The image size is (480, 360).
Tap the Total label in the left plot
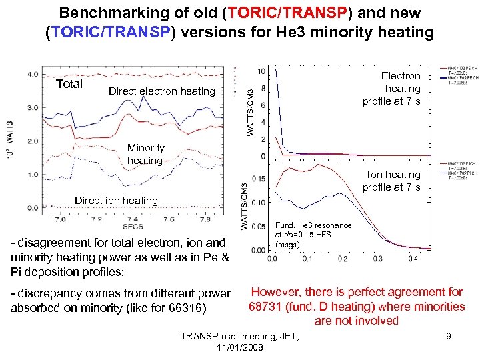pos(69,84)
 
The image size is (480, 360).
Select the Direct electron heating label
pos(161,91)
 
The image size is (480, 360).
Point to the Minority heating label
pos(145,154)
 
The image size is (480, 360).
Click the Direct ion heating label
pos(116,201)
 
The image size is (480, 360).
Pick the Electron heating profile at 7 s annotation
pos(392,89)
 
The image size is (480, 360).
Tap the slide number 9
pos(449,336)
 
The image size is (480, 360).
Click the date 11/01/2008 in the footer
pos(240,347)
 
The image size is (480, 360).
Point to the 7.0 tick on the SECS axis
pos(59,219)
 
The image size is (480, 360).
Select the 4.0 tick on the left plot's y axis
pos(32,74)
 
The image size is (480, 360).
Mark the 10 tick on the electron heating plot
pos(261,71)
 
